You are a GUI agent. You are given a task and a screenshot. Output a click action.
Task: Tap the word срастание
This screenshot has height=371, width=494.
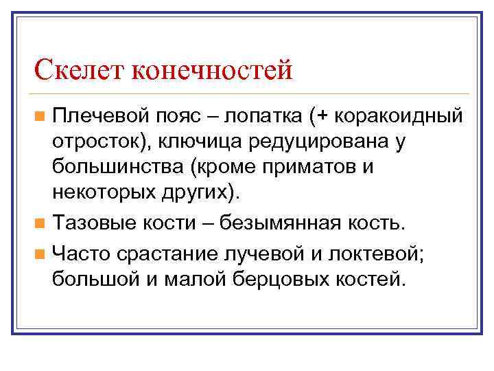coord(161,253)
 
